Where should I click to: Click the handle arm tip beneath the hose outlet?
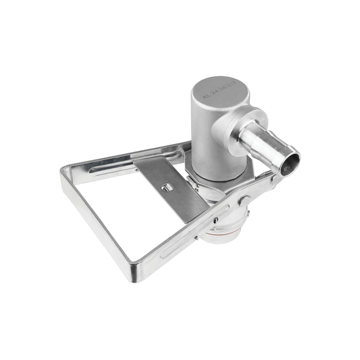(273, 180)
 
